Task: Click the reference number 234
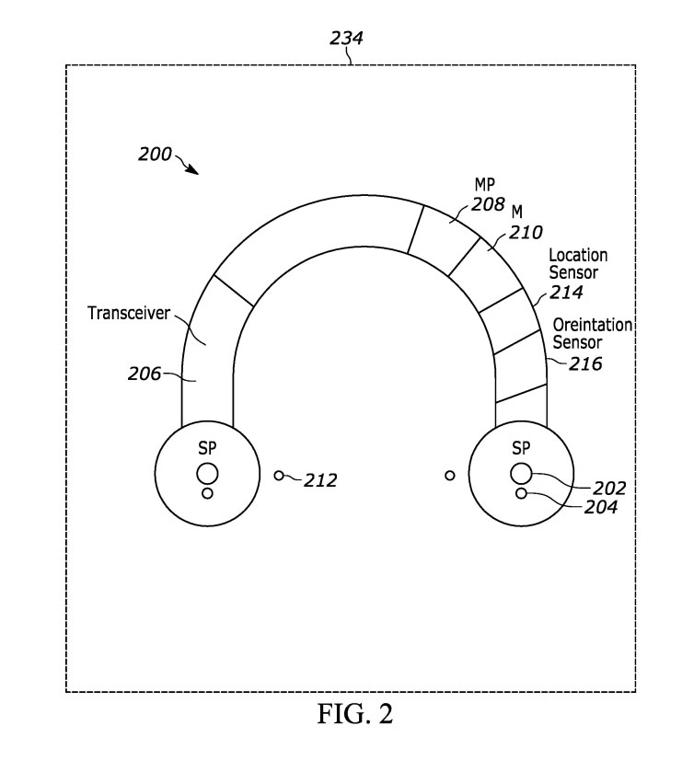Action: coord(346,38)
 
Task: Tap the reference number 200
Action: coord(155,155)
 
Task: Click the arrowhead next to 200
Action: coord(193,169)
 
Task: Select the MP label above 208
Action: coord(484,185)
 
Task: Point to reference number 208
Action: coord(488,204)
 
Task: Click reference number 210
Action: coord(526,233)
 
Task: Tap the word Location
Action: coord(578,255)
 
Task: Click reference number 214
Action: coord(566,293)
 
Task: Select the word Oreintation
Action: coord(593,325)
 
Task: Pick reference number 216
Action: coord(585,363)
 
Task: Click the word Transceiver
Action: coord(129,313)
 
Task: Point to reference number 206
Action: coord(144,374)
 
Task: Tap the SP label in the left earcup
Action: coord(207,448)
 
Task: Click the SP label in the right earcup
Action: coord(521,448)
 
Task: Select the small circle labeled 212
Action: coord(279,476)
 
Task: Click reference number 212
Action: coord(320,480)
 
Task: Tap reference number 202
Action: coord(609,488)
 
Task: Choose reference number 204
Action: coord(601,507)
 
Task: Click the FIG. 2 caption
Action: coord(355,713)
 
